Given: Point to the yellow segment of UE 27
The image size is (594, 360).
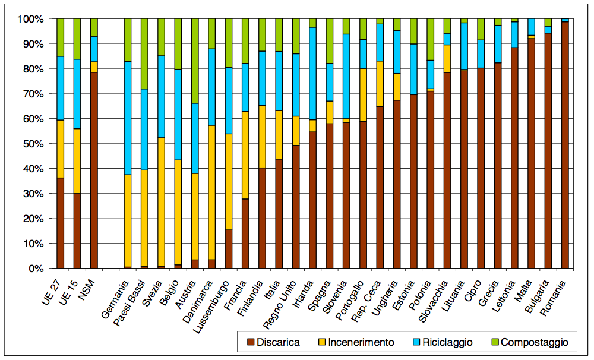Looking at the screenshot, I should coord(60,149).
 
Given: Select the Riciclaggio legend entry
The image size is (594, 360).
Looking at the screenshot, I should coord(445,342).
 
